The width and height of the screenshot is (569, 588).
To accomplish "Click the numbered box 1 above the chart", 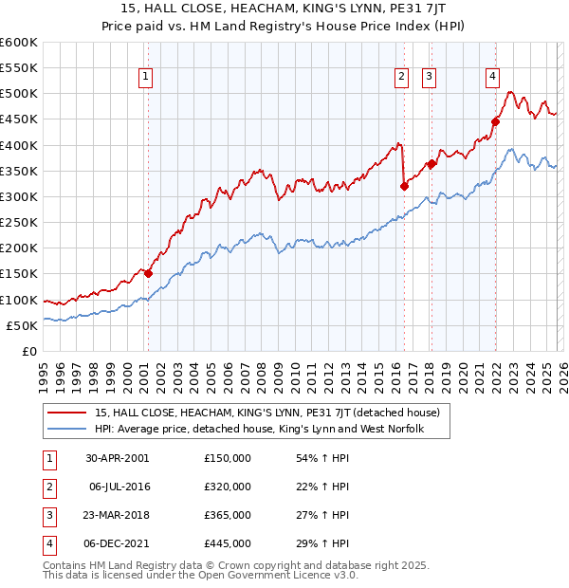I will point(147,78).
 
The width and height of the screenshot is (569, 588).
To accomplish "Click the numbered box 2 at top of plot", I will point(402,78).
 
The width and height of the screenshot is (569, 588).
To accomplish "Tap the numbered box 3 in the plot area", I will point(429,78).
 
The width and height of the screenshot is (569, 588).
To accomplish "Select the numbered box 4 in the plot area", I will point(493,78).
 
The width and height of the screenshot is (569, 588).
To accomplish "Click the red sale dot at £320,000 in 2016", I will point(404,186).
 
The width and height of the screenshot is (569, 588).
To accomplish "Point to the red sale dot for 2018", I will point(431,163).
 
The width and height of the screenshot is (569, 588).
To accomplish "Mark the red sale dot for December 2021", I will point(495,121).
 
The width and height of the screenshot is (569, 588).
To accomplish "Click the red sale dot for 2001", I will point(148,273).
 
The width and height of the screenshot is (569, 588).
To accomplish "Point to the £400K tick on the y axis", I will point(19,145).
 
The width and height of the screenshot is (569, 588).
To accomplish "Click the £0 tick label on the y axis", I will point(29,351).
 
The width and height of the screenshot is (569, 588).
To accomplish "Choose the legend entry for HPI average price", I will point(258,429).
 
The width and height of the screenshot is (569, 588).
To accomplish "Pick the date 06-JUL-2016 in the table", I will point(120,487).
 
